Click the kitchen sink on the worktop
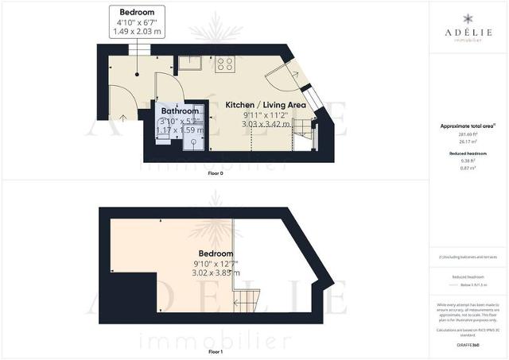pos(191,64)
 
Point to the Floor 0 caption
pos(215,172)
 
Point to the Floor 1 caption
pos(215,350)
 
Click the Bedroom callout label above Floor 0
pos(137,13)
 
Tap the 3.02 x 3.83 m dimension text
pos(216,273)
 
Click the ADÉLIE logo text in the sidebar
pos(468,33)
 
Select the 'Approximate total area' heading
pos(468,126)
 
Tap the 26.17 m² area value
pos(468,143)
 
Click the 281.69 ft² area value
pos(468,136)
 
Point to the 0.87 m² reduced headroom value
pos(468,168)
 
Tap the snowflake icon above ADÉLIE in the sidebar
pos(468,17)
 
